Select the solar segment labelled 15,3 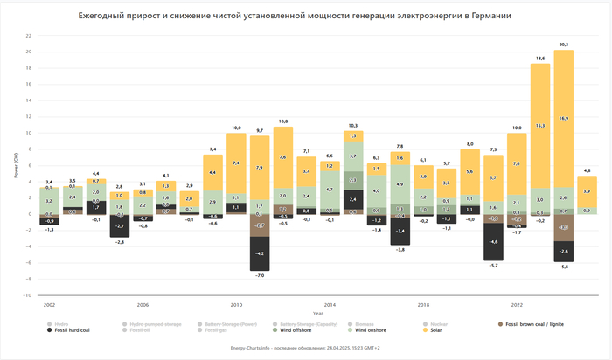tap(539, 126)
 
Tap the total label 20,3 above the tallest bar tap(563, 44)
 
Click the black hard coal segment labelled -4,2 tap(259, 253)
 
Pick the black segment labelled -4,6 tap(493, 241)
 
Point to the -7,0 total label tap(259, 275)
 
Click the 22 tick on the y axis tap(29, 36)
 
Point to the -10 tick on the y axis tap(28, 295)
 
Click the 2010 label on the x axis tap(236, 305)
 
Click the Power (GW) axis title tap(16, 166)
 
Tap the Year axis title tap(317, 312)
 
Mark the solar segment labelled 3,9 tap(587, 190)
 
